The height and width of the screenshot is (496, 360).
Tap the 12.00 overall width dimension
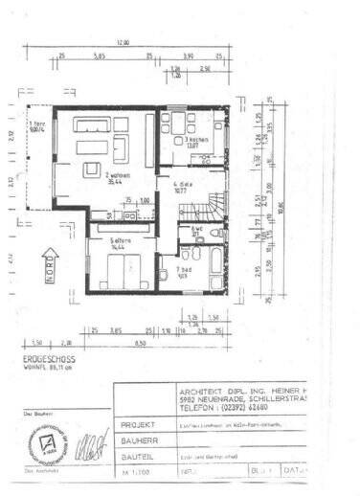(x=123, y=43)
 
